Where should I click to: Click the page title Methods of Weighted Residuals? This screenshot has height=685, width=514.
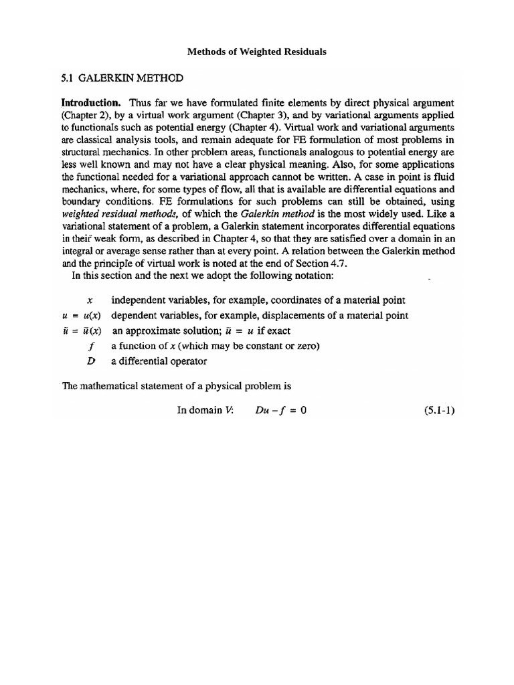(x=256, y=52)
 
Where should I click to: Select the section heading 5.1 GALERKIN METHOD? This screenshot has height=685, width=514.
(x=122, y=78)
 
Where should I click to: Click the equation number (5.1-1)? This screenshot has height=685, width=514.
(x=438, y=411)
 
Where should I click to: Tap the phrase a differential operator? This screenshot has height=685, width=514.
(x=159, y=361)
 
